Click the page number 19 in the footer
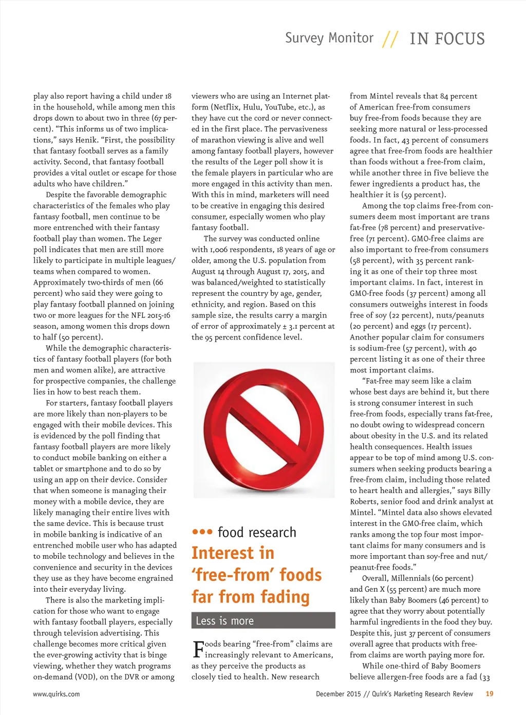point(489,693)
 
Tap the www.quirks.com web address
point(57,694)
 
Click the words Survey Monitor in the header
point(329,38)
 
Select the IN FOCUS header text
point(447,39)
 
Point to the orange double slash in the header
point(390,39)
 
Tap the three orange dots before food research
point(202,532)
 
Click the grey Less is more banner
point(263,620)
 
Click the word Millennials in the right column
point(410,578)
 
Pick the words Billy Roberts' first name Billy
point(482,491)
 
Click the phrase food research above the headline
point(257,532)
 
